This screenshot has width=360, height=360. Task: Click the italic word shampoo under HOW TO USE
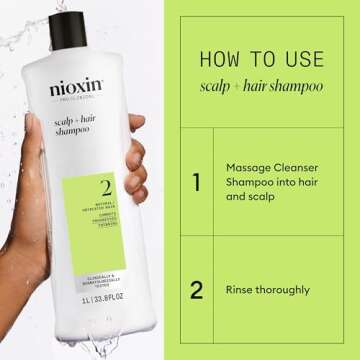296,85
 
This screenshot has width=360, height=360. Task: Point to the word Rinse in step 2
246,291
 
